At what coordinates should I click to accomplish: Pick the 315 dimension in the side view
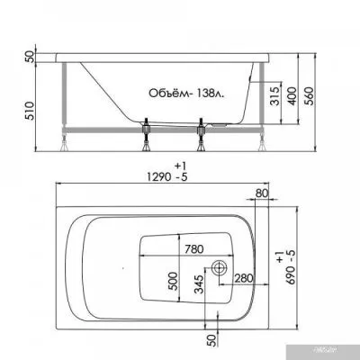click(x=269, y=96)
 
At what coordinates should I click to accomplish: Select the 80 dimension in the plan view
click(x=262, y=192)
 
